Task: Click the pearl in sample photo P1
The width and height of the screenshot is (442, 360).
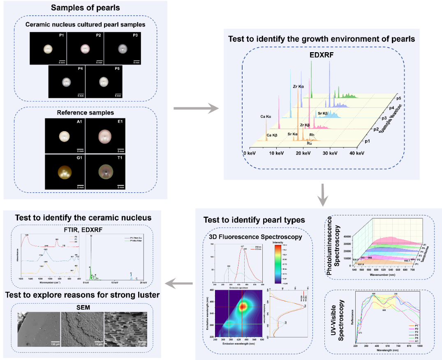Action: [x=49, y=49]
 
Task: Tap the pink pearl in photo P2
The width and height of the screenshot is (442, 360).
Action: [x=85, y=48]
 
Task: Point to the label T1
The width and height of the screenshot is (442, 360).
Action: [x=120, y=157]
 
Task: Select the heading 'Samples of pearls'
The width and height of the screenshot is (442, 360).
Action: [x=85, y=8]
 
